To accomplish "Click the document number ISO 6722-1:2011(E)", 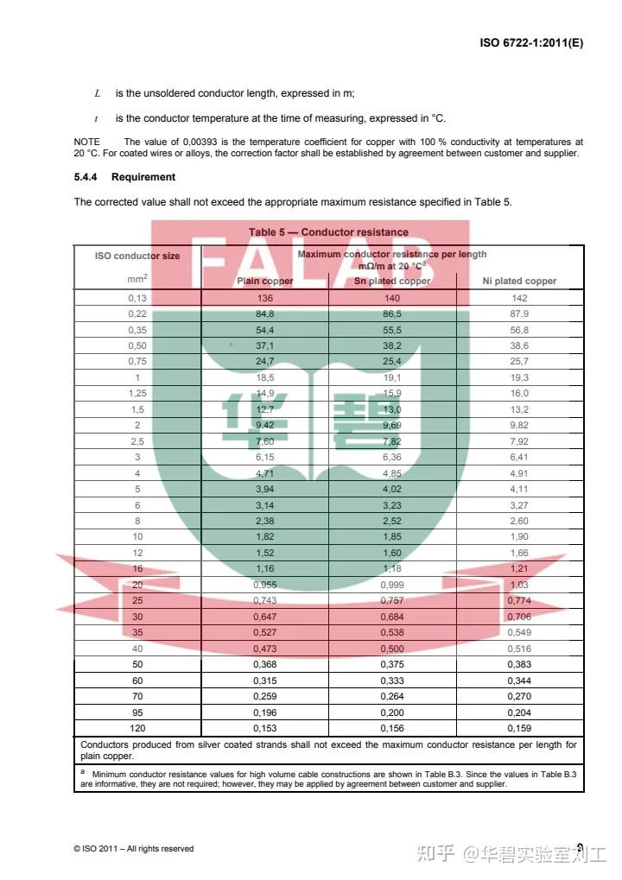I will point(530,41).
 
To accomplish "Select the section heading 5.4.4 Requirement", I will point(124,177).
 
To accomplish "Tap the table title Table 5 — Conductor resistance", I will point(328,232).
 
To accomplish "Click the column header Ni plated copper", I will point(519,281).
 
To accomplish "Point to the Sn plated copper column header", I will point(392,281).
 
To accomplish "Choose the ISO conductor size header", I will point(137,256).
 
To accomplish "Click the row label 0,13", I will point(137,298).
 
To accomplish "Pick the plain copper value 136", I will point(264,298).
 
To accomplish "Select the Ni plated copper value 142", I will point(519,298).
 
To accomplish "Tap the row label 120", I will point(137,729).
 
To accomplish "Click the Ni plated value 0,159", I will point(519,729).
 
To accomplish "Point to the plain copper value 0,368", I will point(264,665).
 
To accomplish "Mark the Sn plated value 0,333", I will point(392,681).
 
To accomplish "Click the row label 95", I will point(137,712).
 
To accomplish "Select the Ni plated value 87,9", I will point(519,314).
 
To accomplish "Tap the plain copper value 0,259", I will point(264,697).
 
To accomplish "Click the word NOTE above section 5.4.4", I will point(86,142).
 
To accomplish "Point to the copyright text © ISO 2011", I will point(134,849).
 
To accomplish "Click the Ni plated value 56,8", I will point(519,330).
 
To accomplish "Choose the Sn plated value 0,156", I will point(392,729).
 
